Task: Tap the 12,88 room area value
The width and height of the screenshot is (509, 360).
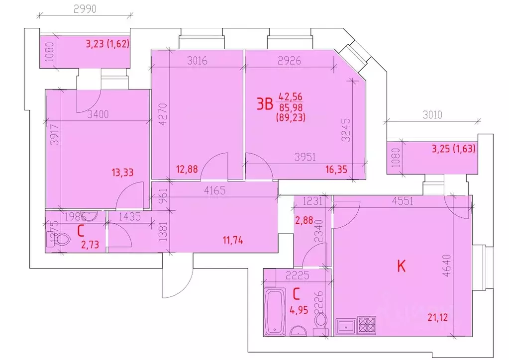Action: click(x=187, y=170)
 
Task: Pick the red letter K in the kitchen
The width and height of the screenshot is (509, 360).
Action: click(x=401, y=266)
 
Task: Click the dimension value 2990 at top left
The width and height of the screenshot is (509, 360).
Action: click(x=85, y=9)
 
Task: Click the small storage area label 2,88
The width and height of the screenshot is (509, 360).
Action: click(x=305, y=220)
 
